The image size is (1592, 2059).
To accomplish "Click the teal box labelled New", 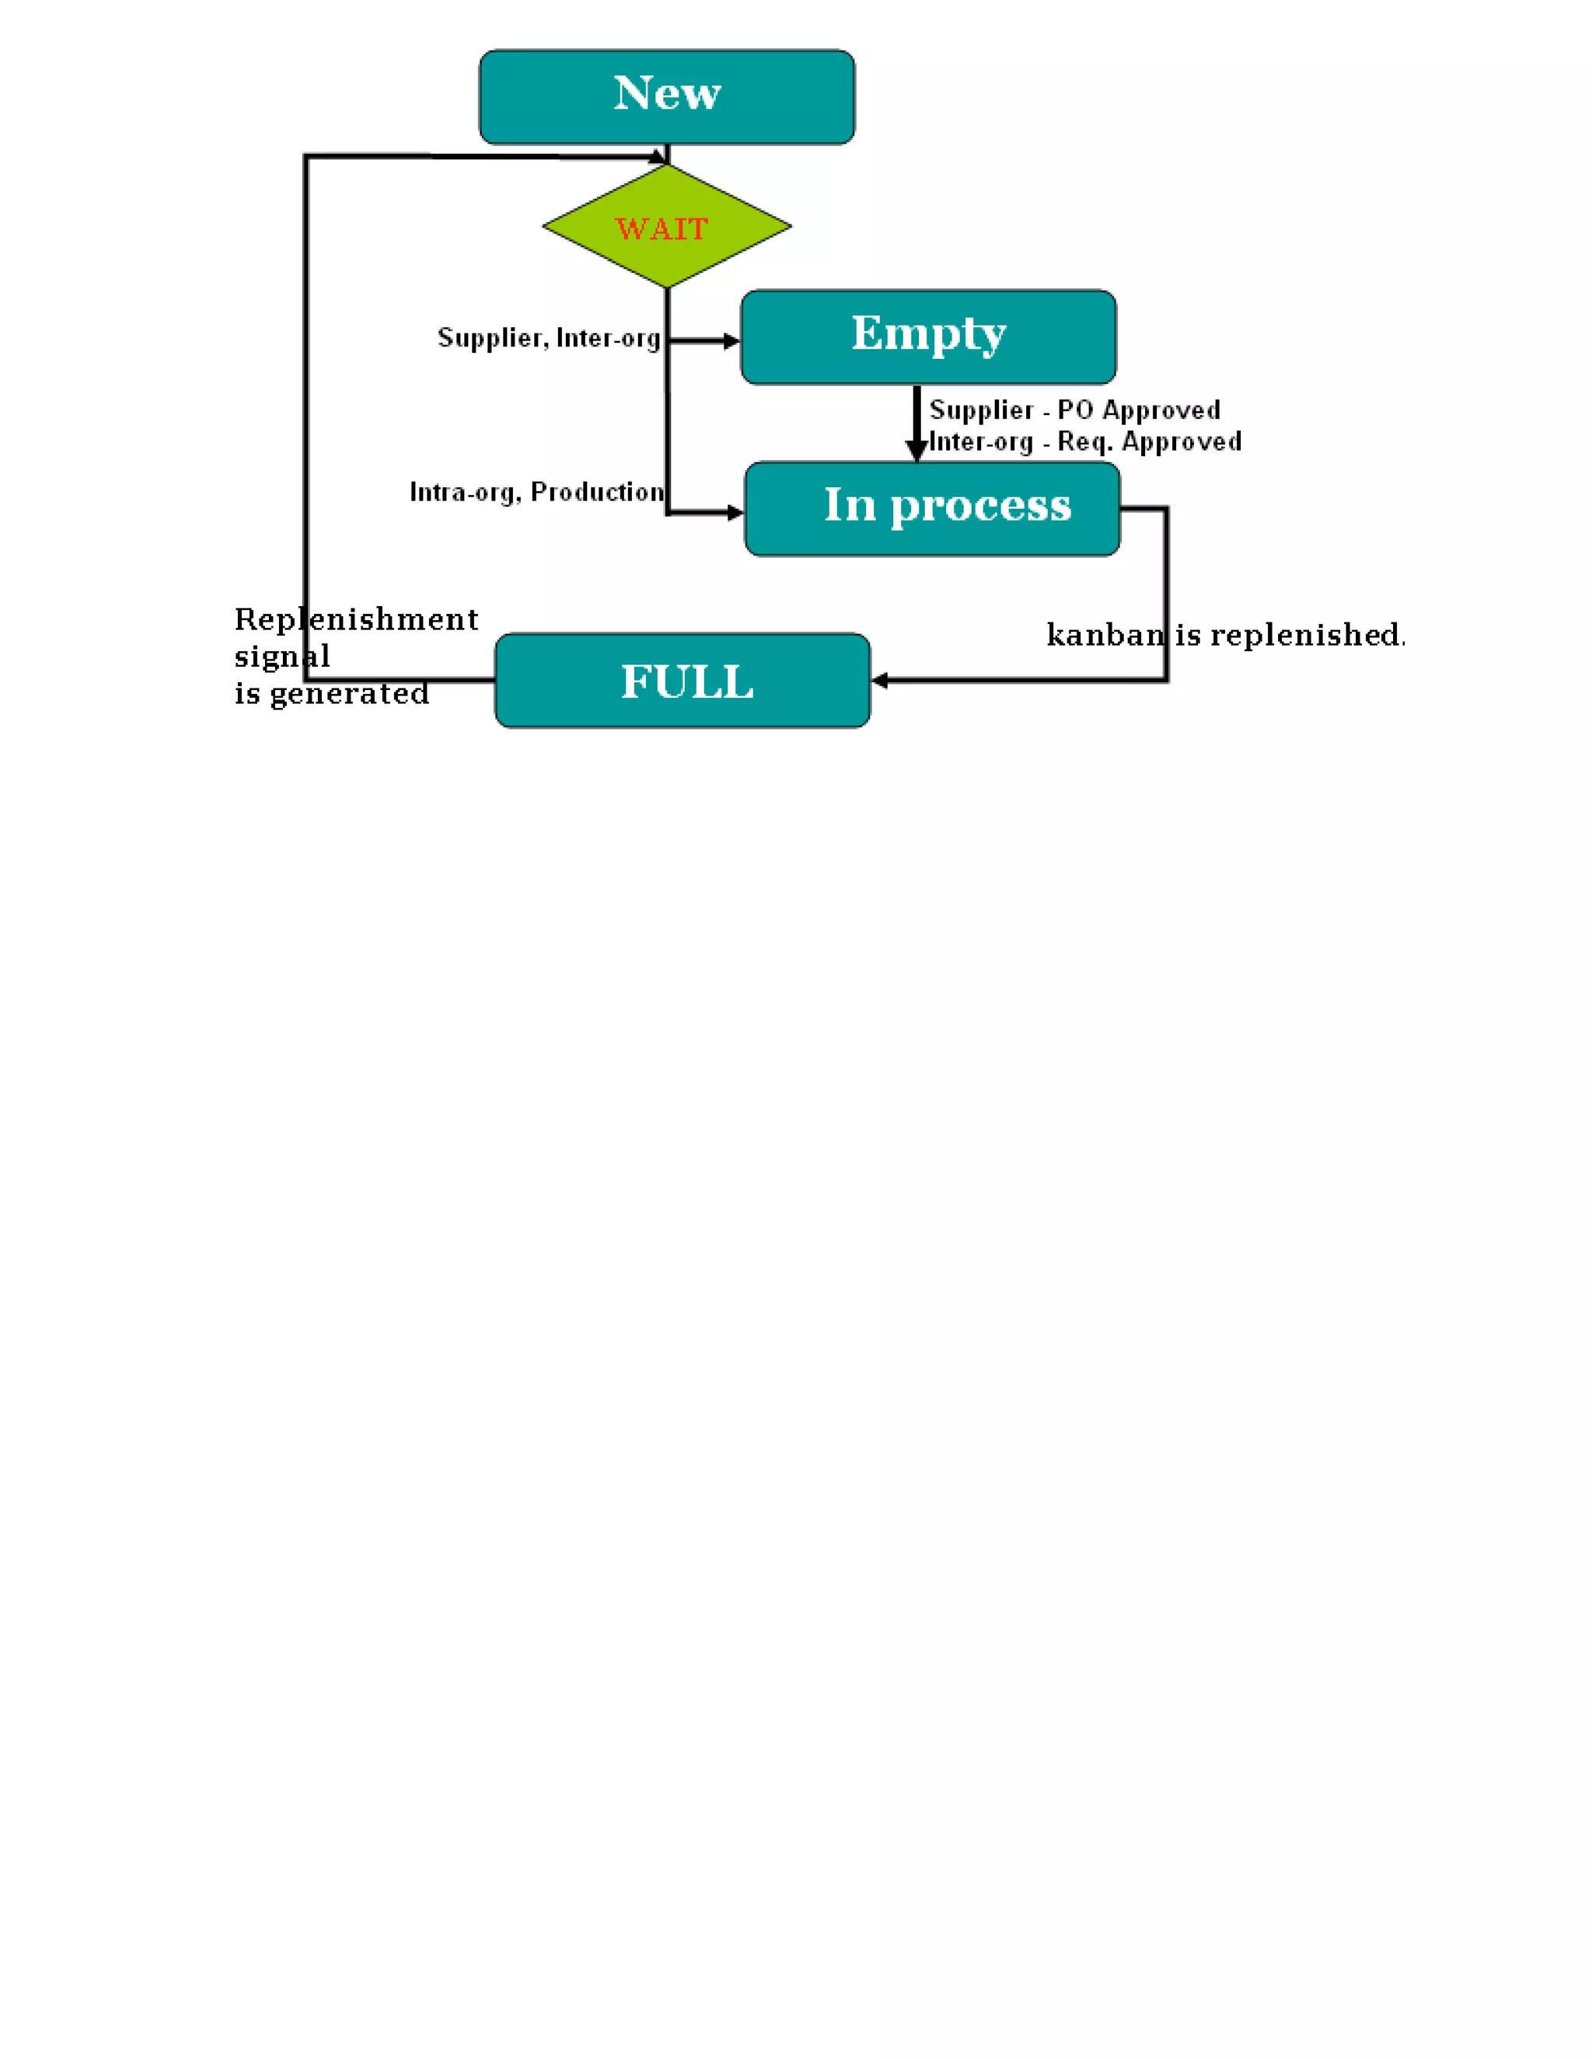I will [x=667, y=97].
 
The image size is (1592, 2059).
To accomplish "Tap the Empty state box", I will [x=928, y=336].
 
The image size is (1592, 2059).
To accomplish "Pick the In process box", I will [x=932, y=508].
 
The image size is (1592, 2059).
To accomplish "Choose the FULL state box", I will [x=682, y=680].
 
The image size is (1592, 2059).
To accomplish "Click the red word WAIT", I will [x=662, y=229].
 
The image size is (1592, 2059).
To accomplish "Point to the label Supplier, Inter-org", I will [x=548, y=337].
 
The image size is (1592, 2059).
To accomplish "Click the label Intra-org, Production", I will [x=536, y=491].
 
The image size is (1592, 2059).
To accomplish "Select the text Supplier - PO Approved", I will [x=1074, y=409].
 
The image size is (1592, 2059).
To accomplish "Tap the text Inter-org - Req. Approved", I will [x=1084, y=441].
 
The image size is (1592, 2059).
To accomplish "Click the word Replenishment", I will [x=355, y=619].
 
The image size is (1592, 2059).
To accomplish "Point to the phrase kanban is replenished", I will [x=1224, y=635].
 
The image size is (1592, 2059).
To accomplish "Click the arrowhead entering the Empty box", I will [x=731, y=341].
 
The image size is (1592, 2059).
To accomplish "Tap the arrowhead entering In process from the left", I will [x=735, y=513].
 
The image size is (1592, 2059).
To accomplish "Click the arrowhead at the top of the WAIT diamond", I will [x=658, y=158].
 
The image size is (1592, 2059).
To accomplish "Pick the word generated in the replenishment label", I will [x=349, y=694].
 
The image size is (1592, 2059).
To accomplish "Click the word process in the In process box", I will [x=981, y=507].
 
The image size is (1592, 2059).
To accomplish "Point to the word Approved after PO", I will [x=1161, y=409].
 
